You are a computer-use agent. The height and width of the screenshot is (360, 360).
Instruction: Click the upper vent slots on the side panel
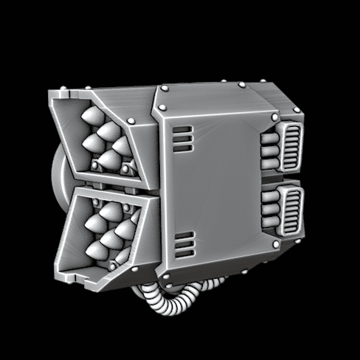[x=181, y=136]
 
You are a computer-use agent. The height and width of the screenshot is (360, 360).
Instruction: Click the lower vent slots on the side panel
[x=181, y=242]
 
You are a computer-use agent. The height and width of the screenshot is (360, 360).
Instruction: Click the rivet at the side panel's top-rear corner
[x=275, y=117]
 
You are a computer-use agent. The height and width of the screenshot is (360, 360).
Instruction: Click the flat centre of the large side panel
[x=221, y=184]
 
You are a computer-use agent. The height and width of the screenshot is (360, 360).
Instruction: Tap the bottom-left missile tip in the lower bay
[x=95, y=251]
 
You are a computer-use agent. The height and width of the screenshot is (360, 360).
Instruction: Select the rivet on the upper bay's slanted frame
[x=131, y=121]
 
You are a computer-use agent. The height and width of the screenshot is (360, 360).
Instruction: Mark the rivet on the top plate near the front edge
[x=165, y=89]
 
